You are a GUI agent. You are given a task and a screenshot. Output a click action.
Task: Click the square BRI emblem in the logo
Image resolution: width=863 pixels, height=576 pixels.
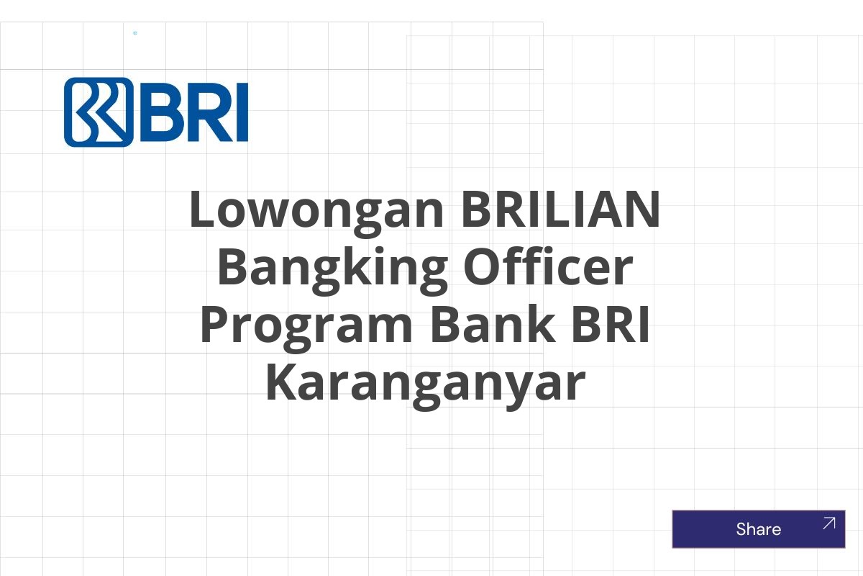click(x=99, y=112)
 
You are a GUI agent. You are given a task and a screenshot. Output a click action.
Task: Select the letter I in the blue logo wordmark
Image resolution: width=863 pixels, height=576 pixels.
click(x=242, y=112)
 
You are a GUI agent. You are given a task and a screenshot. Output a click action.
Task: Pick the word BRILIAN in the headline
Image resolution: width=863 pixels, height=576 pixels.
click(x=560, y=210)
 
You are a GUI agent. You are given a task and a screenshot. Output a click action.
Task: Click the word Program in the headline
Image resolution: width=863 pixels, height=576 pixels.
click(x=306, y=326)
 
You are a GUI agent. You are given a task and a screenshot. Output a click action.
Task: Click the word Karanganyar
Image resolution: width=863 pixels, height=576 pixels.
click(x=424, y=384)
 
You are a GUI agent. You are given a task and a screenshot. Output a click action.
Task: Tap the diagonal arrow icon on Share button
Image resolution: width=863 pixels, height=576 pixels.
click(x=828, y=523)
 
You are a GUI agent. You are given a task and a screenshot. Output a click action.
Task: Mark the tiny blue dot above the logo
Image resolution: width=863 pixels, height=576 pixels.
click(x=135, y=33)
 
